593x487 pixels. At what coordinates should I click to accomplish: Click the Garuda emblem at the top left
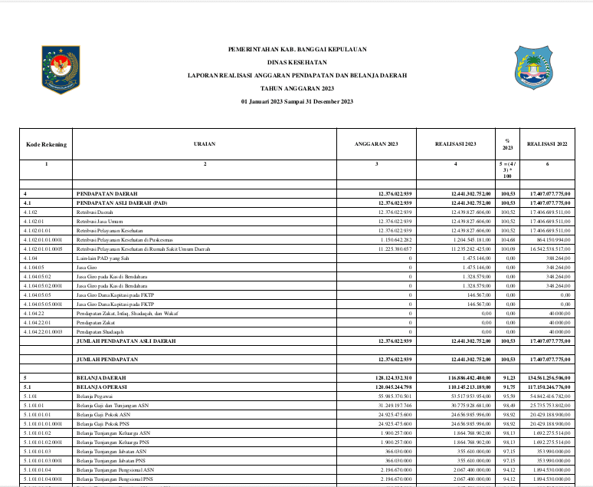(x=61, y=70)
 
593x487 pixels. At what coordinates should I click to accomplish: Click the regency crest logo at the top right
(x=533, y=70)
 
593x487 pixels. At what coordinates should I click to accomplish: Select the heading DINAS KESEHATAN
(x=297, y=62)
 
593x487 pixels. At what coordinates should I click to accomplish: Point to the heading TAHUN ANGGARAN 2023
(x=297, y=88)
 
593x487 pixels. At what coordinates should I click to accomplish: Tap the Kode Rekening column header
(x=46, y=143)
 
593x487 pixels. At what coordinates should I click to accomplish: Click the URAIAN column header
(x=205, y=143)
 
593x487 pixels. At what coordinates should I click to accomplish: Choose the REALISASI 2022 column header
(x=547, y=143)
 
